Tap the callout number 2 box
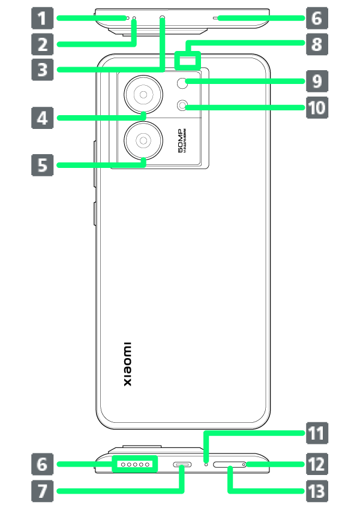click(42, 44)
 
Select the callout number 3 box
click(42, 70)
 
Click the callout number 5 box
click(42, 164)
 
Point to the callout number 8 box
click(317, 44)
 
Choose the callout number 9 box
click(317, 80)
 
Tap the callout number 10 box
click(317, 108)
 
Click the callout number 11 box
click(317, 432)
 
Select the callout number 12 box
click(317, 464)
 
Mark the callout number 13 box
click(317, 492)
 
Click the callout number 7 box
click(42, 492)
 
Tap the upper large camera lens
click(143, 94)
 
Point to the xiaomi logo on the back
click(127, 365)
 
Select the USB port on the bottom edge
click(181, 465)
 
